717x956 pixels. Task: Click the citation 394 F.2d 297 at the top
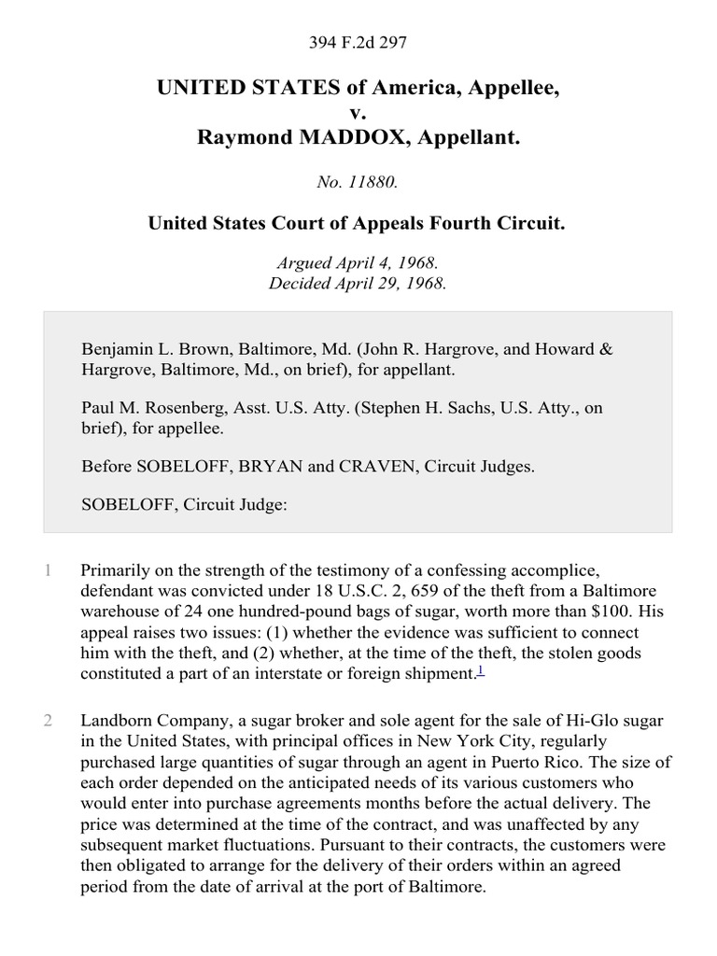pyautogui.click(x=358, y=42)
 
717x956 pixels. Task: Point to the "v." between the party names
pyautogui.click(x=358, y=113)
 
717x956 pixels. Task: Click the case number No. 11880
pyautogui.click(x=358, y=182)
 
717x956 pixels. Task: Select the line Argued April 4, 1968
pyautogui.click(x=358, y=264)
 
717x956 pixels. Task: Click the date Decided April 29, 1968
pyautogui.click(x=358, y=283)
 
